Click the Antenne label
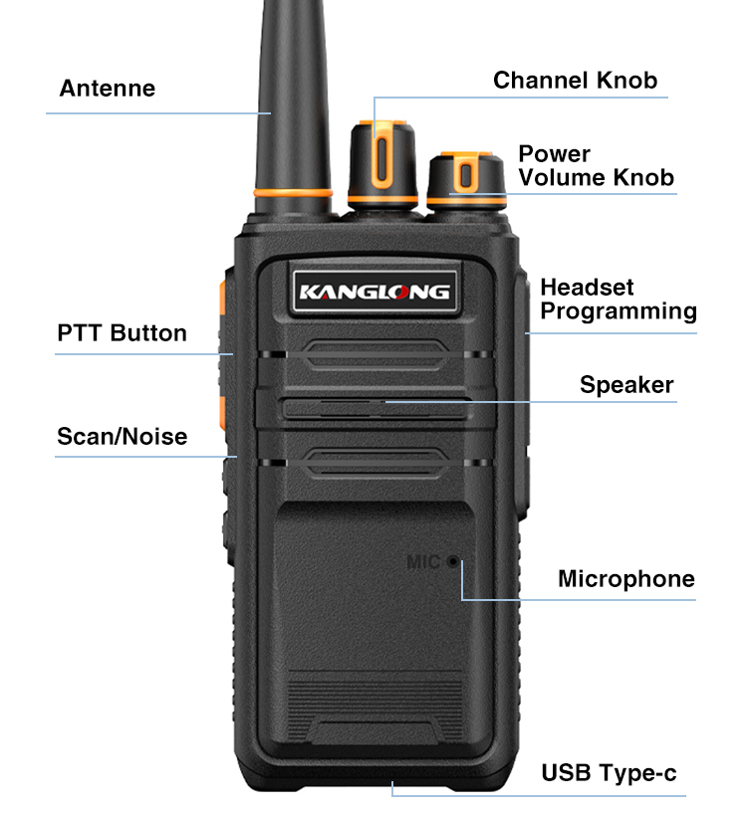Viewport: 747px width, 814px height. coord(107,89)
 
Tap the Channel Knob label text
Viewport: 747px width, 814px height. coord(575,81)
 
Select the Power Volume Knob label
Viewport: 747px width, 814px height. coord(596,165)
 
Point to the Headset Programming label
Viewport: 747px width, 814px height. coord(619,300)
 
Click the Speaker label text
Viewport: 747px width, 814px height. coord(626,385)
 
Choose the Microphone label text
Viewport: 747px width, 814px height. coord(625,579)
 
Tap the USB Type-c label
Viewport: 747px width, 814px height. coord(609,773)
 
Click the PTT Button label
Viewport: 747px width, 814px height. coord(122,333)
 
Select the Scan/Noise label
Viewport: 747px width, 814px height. coord(123,437)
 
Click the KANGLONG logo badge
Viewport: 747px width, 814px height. coord(375,292)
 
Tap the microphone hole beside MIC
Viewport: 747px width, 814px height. coord(453,561)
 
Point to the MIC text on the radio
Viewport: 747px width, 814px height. coord(423,561)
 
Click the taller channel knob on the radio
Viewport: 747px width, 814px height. coord(382,164)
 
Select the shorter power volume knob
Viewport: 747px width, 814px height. coord(466,180)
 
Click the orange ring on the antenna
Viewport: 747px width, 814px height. coord(293,193)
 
